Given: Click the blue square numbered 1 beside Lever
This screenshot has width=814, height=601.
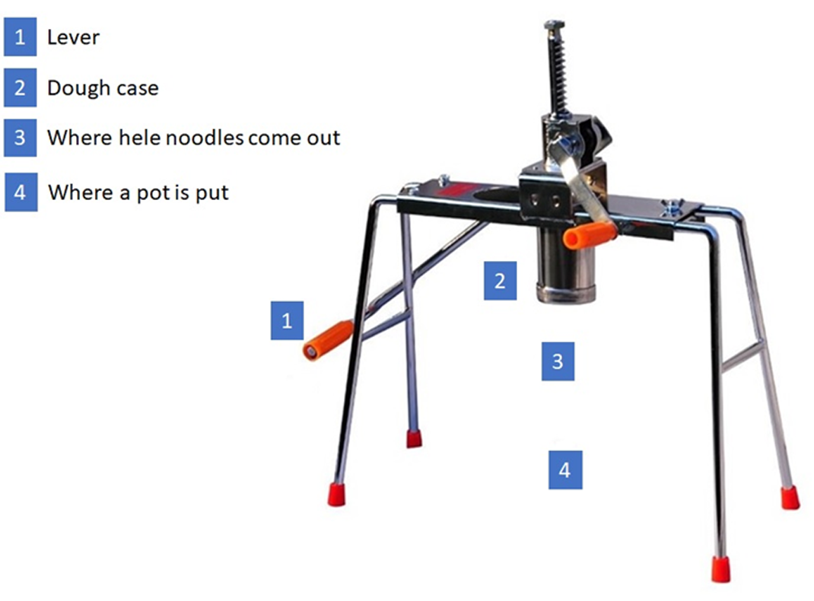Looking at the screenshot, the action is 21,37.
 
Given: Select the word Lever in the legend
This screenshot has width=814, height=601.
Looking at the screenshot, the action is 73,37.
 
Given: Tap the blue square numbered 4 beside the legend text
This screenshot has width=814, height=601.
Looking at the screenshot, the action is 21,192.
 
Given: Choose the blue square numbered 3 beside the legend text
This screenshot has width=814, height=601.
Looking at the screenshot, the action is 21,138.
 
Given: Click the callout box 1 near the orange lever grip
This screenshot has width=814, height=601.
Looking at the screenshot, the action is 287,321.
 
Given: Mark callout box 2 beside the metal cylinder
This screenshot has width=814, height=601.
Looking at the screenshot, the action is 500,281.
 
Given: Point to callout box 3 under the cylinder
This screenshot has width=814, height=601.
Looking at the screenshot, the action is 558,361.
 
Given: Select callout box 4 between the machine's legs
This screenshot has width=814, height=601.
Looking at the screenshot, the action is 565,470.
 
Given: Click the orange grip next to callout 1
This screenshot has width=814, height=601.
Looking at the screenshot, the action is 328,341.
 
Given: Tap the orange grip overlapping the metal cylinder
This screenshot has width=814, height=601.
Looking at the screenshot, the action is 590,235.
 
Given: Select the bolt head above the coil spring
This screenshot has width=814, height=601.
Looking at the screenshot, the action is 555,24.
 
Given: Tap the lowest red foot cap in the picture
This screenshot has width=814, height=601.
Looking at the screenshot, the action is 720,569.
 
